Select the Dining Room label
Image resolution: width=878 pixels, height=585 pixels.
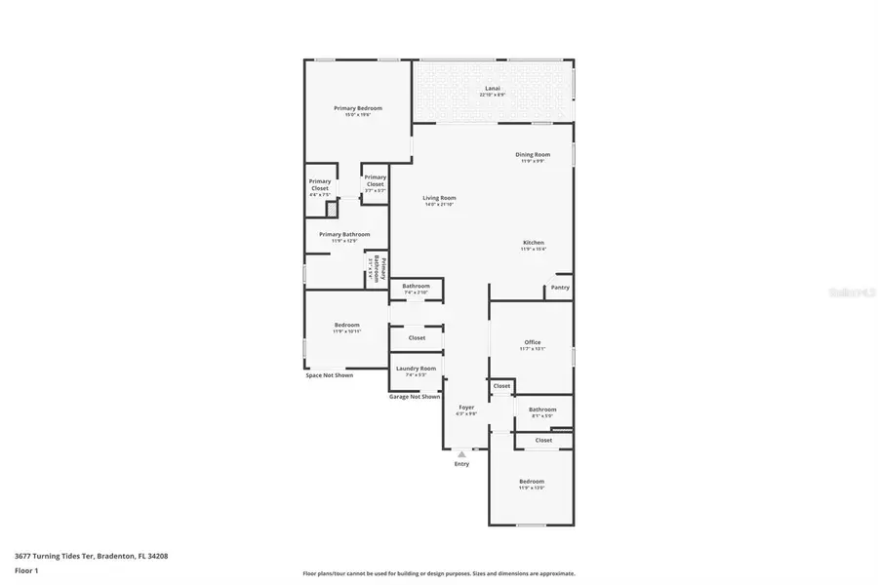click(533, 156)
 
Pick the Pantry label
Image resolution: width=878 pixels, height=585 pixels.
click(559, 288)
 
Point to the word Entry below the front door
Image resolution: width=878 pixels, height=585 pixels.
click(461, 464)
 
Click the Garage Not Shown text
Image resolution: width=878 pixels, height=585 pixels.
click(415, 397)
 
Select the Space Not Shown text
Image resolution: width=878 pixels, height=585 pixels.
click(329, 375)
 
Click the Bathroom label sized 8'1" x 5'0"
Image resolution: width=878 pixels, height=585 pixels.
click(542, 411)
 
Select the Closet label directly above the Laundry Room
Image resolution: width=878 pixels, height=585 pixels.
click(417, 337)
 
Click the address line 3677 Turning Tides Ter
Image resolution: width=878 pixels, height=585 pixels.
click(91, 556)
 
